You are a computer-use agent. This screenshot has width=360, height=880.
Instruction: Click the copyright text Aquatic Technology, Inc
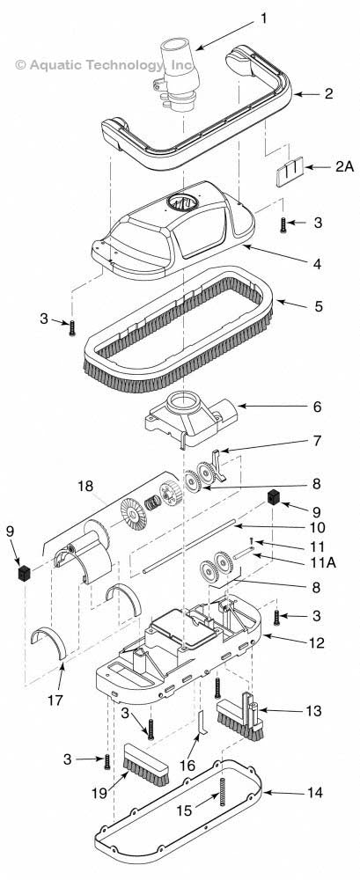pyautogui.click(x=105, y=64)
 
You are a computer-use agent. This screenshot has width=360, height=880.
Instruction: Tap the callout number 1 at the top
pyautogui.click(x=262, y=17)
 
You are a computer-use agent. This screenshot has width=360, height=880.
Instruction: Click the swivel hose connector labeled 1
pyautogui.click(x=177, y=75)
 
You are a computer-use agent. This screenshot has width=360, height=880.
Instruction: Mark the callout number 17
pyautogui.click(x=62, y=701)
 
